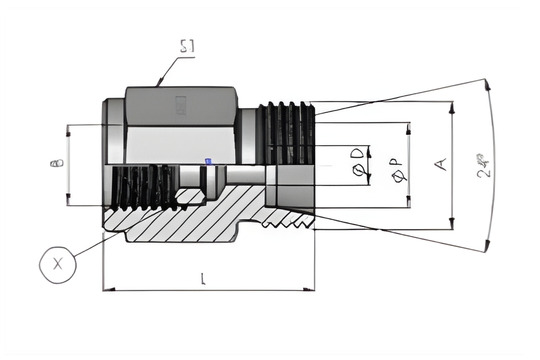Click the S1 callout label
pyautogui.click(x=187, y=46)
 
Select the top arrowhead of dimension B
pyautogui.click(x=68, y=129)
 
